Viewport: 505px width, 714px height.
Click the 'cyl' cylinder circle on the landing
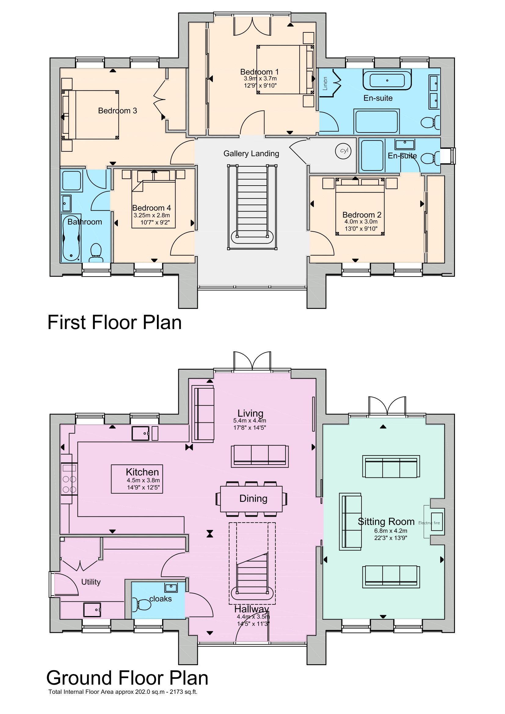coord(343,151)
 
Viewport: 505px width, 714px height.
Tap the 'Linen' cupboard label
coord(325,84)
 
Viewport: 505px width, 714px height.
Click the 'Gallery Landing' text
coord(251,154)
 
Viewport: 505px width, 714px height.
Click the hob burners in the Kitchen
coord(69,484)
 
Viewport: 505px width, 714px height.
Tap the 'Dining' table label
coord(253,498)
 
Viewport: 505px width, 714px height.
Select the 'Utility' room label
coord(91,582)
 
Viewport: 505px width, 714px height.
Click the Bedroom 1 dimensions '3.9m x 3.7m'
coord(260,79)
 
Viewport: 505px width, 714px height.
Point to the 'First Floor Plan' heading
coord(114,322)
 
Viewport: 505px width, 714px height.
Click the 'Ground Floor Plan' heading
coord(127,678)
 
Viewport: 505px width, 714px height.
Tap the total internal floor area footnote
coord(123,692)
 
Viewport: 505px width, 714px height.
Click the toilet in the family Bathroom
coord(96,252)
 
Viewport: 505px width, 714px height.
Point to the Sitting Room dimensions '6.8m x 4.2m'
coord(391,531)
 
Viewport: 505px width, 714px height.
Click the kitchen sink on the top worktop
coord(140,433)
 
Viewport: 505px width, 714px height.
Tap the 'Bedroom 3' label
coord(118,111)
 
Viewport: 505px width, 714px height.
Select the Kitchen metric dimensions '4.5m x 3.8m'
coord(143,480)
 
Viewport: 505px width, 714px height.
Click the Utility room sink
coord(92,610)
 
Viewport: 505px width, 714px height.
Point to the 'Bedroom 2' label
coord(361,215)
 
